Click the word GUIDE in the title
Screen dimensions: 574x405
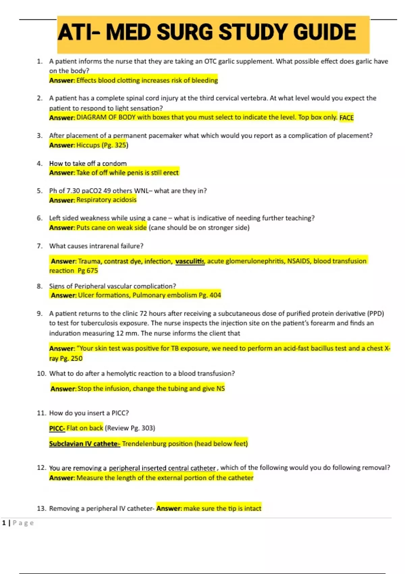(324, 32)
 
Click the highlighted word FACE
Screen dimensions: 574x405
(347, 118)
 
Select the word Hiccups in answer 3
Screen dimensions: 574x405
(88, 145)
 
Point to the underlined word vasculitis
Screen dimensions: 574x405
(190, 261)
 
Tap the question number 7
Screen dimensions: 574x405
(40, 246)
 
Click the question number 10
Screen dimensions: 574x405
(41, 373)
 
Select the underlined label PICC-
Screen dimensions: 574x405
(57, 428)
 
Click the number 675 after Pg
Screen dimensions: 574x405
(92, 271)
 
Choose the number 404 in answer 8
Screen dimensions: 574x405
(215, 295)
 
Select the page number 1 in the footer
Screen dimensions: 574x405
(4, 523)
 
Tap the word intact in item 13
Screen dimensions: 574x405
(252, 508)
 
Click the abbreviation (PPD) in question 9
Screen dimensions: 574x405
(376, 314)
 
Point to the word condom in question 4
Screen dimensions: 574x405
(114, 164)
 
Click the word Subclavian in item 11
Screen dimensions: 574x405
(66, 444)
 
